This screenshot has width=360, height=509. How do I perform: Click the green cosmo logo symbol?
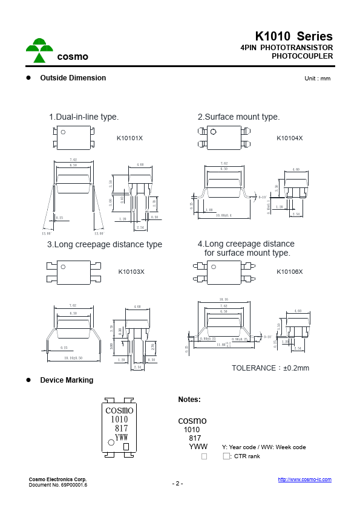39,51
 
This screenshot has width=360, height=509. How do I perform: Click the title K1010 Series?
293,36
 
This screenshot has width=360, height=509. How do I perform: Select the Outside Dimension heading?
73,78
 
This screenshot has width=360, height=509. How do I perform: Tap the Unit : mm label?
318,79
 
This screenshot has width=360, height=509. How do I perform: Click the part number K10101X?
129,138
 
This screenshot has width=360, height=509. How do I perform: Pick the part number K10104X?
289,138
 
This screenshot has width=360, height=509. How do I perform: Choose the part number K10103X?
131,271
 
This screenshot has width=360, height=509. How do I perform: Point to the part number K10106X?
289,271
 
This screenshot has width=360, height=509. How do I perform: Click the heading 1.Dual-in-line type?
83,117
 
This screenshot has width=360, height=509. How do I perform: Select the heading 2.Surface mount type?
238,117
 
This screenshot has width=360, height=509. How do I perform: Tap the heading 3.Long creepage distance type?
105,244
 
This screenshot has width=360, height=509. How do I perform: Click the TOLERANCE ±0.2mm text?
270,368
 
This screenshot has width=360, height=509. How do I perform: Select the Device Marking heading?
67,380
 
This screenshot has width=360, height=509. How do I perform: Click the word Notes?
189,400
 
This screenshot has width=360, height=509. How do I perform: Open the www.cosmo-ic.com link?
304,479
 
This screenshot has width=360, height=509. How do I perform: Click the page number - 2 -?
177,484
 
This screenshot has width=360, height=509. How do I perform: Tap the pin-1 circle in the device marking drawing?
111,443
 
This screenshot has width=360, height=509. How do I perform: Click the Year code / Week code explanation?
263,447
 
